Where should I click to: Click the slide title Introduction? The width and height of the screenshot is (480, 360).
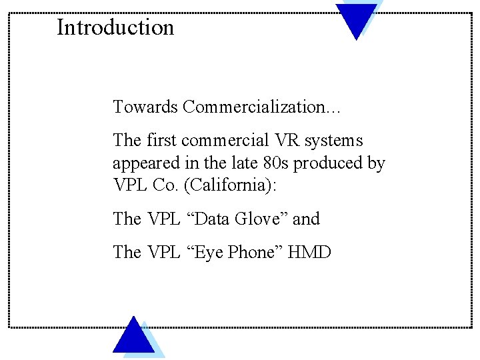click(115, 27)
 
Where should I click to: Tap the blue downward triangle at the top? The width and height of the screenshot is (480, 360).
click(356, 17)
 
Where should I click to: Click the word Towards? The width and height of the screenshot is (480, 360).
click(145, 107)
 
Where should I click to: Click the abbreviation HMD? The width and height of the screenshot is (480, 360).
click(309, 252)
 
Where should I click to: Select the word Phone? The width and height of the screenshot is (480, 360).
click(251, 252)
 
